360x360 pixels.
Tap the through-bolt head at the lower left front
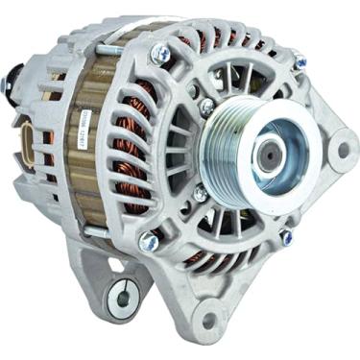click(148, 242)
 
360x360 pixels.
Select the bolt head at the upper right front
click(300, 61)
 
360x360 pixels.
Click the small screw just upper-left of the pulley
click(205, 107)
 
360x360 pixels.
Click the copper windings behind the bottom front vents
click(202, 255)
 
